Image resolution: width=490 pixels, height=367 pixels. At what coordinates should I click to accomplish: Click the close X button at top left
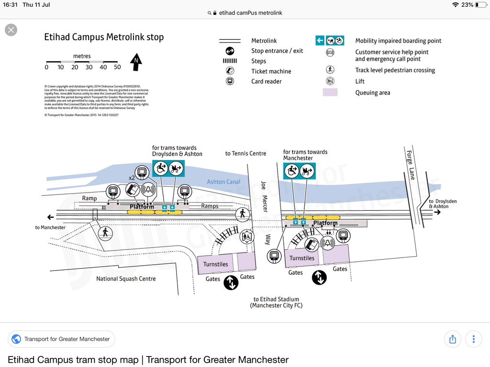click(x=11, y=30)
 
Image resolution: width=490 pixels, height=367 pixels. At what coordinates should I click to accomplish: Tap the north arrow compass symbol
click(x=136, y=62)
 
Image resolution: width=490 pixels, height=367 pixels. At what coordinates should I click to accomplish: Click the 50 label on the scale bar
click(x=117, y=67)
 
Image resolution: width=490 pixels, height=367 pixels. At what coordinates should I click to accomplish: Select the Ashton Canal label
click(x=223, y=182)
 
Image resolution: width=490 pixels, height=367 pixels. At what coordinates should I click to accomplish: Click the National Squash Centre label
click(x=126, y=279)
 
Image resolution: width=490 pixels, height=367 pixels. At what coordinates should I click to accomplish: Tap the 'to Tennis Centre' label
click(x=245, y=153)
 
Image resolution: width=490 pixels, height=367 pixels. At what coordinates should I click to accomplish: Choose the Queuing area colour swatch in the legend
click(x=330, y=93)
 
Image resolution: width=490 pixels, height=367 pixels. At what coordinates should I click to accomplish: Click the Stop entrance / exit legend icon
click(x=230, y=51)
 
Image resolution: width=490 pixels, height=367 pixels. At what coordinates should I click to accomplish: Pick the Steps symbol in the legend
click(x=230, y=61)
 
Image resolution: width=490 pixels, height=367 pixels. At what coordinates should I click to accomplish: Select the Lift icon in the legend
click(x=330, y=81)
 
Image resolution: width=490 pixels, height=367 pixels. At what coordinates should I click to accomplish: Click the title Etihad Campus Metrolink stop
click(x=104, y=37)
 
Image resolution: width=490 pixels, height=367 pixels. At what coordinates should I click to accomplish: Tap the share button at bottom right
click(x=453, y=339)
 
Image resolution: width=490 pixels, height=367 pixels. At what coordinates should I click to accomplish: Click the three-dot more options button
click(x=474, y=339)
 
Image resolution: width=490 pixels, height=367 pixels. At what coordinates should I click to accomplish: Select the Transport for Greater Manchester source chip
click(x=61, y=339)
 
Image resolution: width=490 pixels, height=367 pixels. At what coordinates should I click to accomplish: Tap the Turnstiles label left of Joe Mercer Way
click(x=215, y=264)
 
